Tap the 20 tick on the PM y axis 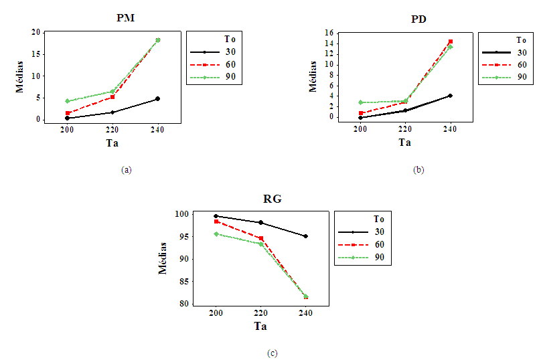click(x=36, y=32)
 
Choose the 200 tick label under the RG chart click(x=216, y=312)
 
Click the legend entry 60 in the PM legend click(x=230, y=64)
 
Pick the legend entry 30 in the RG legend click(x=378, y=232)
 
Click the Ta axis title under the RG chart click(x=260, y=326)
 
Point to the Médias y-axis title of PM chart click(x=20, y=76)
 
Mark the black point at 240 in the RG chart click(x=305, y=236)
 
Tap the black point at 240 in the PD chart click(x=450, y=96)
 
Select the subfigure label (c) click(x=272, y=353)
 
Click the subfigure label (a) click(x=125, y=170)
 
